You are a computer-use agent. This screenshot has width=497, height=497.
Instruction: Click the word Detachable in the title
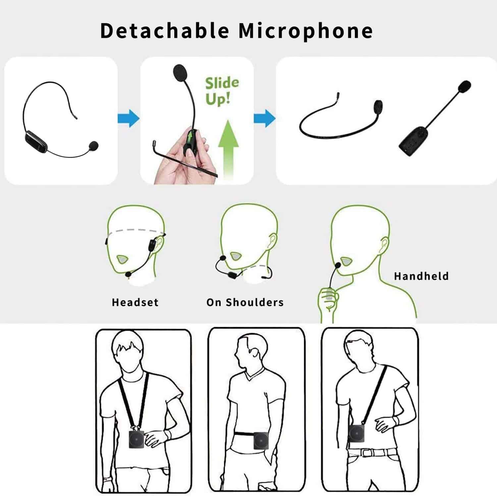click(165, 30)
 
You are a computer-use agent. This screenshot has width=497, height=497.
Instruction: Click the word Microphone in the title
click(306, 31)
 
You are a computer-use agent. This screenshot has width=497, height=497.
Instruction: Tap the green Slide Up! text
click(222, 90)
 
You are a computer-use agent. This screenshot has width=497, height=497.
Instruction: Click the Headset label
click(135, 302)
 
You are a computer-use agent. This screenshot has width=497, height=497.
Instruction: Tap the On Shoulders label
click(245, 302)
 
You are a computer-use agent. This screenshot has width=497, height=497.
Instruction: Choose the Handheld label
click(421, 276)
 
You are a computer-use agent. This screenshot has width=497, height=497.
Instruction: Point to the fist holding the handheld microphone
click(328, 298)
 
